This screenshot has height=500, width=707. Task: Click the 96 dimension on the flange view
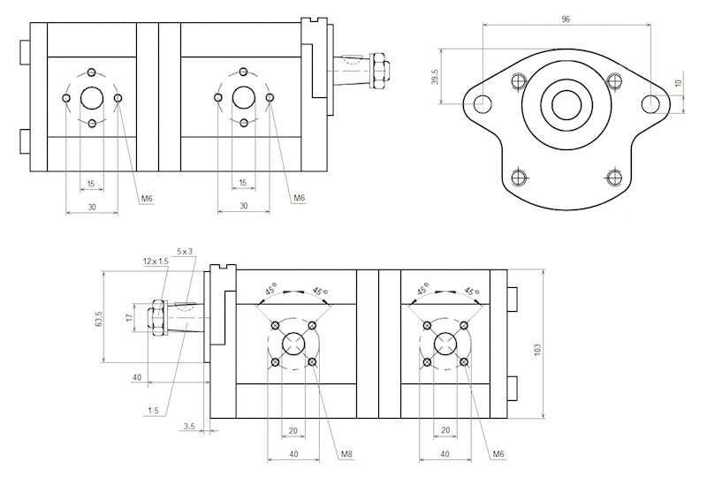tap(566, 18)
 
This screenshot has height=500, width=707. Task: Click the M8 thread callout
tap(347, 454)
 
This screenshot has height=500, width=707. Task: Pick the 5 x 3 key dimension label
tap(185, 251)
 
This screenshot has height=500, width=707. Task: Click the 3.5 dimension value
tap(188, 427)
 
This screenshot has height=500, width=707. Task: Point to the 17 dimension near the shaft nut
tap(129, 317)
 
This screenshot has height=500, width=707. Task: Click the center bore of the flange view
tap(566, 104)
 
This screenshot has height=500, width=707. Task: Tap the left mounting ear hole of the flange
tap(482, 104)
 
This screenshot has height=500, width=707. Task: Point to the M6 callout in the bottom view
tap(499, 454)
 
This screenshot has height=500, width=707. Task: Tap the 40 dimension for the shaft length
tap(137, 377)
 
